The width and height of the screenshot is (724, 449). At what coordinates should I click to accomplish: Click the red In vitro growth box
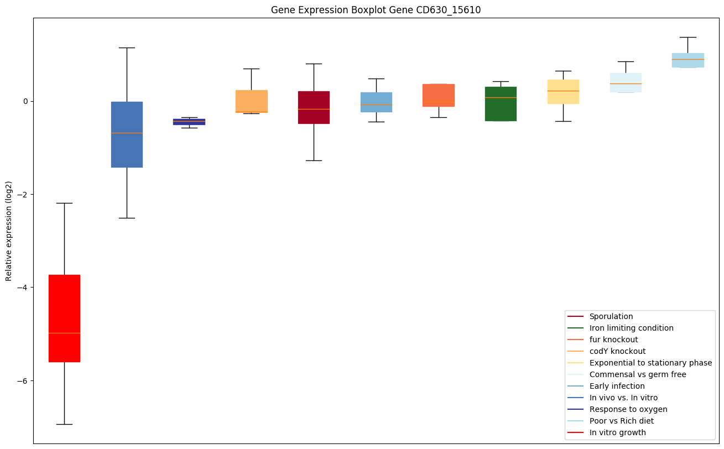click(64, 318)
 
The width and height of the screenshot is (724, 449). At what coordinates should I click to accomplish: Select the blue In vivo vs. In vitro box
click(127, 134)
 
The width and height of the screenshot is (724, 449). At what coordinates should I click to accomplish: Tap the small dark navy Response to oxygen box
click(189, 122)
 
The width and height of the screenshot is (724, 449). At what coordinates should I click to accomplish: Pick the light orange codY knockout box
click(252, 101)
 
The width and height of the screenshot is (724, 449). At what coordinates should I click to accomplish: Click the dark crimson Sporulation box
click(314, 107)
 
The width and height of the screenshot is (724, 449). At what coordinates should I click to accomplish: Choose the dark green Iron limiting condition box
click(501, 104)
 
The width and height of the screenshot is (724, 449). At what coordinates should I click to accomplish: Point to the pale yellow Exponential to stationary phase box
click(563, 92)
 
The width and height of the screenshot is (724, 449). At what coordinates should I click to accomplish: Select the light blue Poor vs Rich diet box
click(687, 60)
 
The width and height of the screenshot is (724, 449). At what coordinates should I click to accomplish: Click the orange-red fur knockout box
click(439, 95)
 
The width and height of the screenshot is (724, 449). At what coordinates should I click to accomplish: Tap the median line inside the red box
click(64, 333)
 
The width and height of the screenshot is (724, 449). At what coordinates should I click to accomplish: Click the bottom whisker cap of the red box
click(64, 424)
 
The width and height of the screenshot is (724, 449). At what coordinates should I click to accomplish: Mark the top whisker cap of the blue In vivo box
click(127, 48)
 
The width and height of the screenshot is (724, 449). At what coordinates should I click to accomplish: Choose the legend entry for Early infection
click(617, 386)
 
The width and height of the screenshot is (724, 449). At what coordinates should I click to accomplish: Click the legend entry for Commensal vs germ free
click(637, 374)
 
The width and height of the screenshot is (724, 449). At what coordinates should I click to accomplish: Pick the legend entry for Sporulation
click(611, 316)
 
